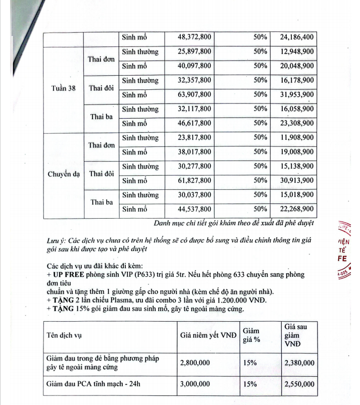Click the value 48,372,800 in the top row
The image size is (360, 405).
194,37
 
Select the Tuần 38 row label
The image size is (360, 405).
64,88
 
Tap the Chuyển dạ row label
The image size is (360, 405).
64,174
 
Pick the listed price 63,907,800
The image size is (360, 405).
194,94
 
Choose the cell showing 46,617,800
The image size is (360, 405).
194,123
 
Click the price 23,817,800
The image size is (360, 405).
194,137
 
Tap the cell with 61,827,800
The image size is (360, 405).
194,180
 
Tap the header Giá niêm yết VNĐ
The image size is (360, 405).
208,336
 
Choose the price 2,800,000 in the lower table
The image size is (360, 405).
195,363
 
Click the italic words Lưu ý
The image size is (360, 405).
53,241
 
